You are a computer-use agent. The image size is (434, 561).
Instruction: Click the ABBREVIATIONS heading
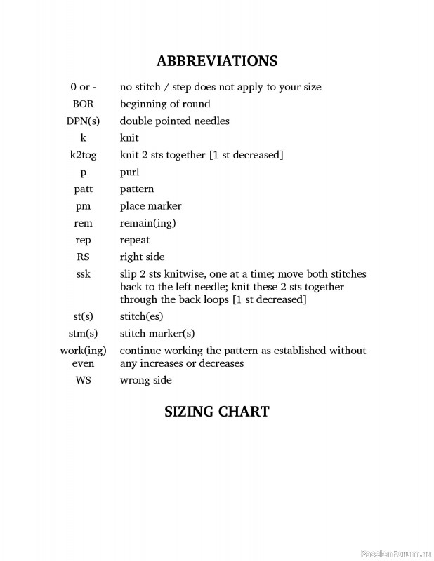(216, 61)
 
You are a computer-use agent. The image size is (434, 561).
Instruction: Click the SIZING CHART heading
(216, 412)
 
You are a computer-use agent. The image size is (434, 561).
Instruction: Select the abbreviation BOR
(83, 104)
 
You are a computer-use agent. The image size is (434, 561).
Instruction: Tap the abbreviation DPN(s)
(83, 121)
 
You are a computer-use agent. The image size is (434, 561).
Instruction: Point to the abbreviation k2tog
(83, 155)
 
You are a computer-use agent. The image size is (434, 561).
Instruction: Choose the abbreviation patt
(83, 189)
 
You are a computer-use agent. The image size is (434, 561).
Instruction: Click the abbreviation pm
(83, 206)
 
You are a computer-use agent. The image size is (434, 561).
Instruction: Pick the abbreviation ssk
(83, 274)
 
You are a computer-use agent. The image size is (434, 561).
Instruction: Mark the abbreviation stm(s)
(83, 333)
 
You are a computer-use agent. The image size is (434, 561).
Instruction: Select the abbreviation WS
(83, 380)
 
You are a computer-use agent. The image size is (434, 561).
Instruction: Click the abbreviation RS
(83, 257)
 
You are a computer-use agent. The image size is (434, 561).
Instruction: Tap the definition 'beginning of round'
(165, 104)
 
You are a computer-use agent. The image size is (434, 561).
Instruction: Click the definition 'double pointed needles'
(175, 121)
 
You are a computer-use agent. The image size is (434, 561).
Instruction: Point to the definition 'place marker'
(150, 206)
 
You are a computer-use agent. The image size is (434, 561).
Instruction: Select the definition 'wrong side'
(145, 380)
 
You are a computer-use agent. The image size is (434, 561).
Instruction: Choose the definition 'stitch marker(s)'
(157, 333)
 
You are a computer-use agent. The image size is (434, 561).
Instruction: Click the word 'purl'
(130, 172)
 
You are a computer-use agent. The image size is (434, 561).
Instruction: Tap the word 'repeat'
(135, 240)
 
